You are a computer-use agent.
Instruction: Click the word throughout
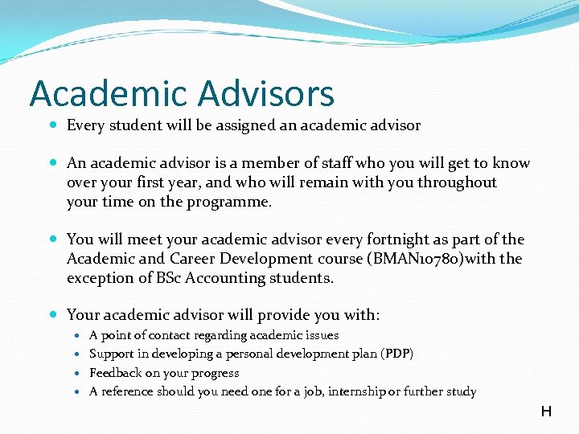pyautogui.click(x=457, y=182)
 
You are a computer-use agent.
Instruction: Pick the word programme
pyautogui.click(x=232, y=202)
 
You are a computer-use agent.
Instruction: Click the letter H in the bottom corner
pyautogui.click(x=546, y=412)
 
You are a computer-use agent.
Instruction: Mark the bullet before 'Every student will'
pyautogui.click(x=52, y=125)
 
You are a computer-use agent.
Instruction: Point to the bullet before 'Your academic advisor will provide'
pyautogui.click(x=52, y=315)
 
